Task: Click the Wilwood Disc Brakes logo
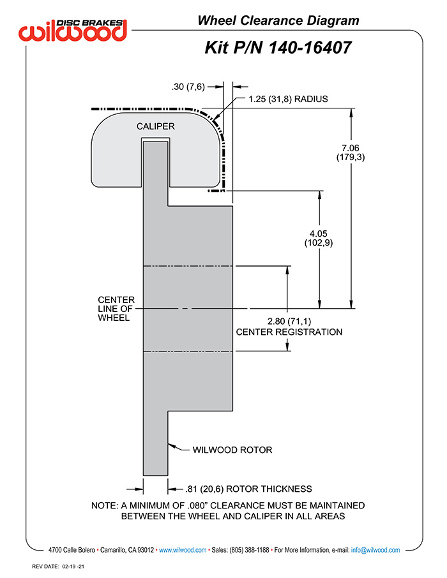pyautogui.click(x=73, y=30)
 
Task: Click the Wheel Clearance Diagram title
pyautogui.click(x=278, y=20)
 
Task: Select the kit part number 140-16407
pyautogui.click(x=310, y=48)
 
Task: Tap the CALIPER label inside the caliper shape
pyautogui.click(x=155, y=126)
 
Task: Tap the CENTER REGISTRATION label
pyautogui.click(x=289, y=332)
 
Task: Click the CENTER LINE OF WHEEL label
pyautogui.click(x=116, y=309)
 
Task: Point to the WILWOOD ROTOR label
pyautogui.click(x=232, y=450)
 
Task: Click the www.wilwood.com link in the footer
pyautogui.click(x=183, y=550)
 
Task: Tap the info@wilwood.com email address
pyautogui.click(x=375, y=550)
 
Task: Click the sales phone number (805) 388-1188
pyautogui.click(x=249, y=550)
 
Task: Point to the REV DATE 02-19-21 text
pyautogui.click(x=58, y=567)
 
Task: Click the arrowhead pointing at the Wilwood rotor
pyautogui.click(x=171, y=446)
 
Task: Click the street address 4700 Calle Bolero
pyautogui.click(x=72, y=550)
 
